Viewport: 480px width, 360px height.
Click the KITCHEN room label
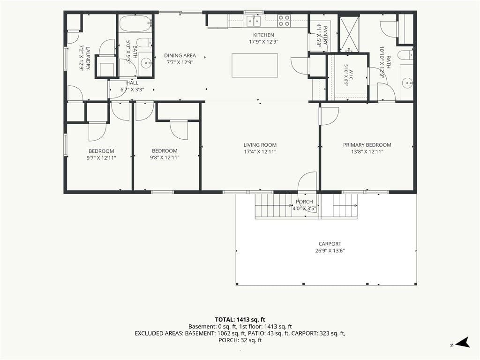tap(263, 35)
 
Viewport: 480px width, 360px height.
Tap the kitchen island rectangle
tap(255, 66)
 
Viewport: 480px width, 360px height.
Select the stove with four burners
tap(284, 21)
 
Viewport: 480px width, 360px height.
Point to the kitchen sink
tap(254, 21)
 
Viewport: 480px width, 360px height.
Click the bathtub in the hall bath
tap(135, 23)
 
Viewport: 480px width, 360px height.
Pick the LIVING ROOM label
tap(260, 145)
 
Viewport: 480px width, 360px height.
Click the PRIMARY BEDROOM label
tap(367, 145)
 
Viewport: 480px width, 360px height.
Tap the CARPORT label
tap(330, 244)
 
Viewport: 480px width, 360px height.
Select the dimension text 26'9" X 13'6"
tap(330, 251)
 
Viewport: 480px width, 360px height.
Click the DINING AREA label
tap(180, 55)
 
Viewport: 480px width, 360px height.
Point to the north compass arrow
tap(463, 342)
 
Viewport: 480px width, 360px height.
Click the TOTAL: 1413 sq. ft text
tap(240, 320)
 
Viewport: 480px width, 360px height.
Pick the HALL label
tap(132, 83)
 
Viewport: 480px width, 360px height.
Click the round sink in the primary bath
tap(407, 82)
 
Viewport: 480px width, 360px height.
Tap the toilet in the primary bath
tap(405, 55)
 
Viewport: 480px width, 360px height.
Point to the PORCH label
tap(304, 202)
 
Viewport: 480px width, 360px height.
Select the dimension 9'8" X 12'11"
tap(165, 157)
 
